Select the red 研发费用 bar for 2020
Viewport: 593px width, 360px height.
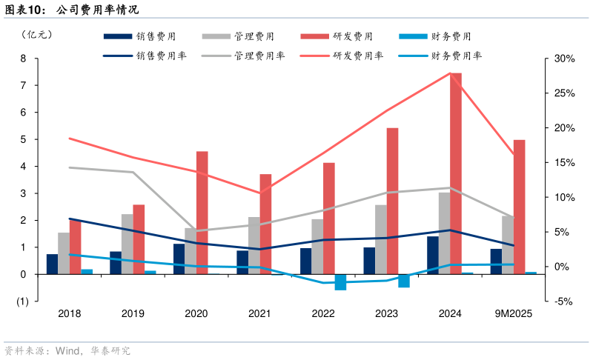tap(202, 213)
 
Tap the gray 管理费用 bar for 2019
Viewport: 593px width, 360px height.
tap(127, 244)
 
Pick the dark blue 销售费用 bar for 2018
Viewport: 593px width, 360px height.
tap(52, 264)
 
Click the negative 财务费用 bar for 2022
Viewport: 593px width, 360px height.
tap(340, 282)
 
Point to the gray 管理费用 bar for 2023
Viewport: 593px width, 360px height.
tap(380, 239)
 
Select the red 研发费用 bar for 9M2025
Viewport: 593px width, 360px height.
tap(519, 207)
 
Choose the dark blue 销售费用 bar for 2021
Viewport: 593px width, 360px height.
tap(242, 262)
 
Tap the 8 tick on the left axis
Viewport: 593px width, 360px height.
tap(23, 59)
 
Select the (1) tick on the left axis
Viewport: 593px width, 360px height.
tap(21, 301)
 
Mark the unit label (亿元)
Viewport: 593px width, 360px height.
tap(38, 34)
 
